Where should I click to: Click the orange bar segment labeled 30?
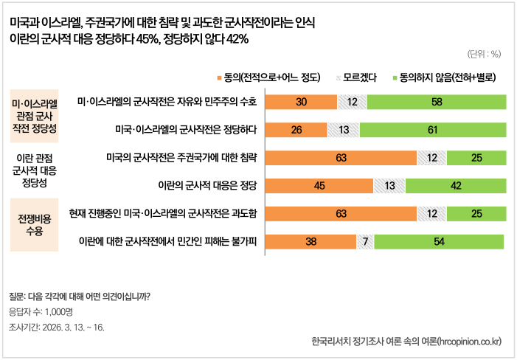(x=301, y=103)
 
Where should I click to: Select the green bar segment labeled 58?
(x=437, y=103)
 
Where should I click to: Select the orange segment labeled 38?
(x=310, y=241)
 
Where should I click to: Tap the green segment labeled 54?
(x=438, y=241)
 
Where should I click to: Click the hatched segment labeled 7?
(x=364, y=241)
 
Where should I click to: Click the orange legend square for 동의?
(x=218, y=77)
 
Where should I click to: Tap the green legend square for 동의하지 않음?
(x=395, y=77)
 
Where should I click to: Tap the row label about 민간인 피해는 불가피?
(x=168, y=240)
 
